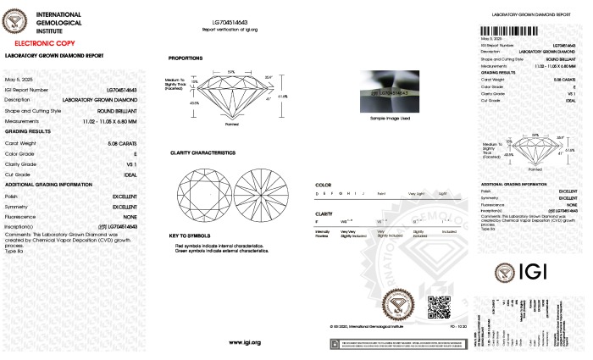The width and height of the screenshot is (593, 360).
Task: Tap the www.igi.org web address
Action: [245, 342]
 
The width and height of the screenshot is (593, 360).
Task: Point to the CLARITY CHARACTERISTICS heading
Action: [202, 152]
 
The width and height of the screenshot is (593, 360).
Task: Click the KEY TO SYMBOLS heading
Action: [189, 235]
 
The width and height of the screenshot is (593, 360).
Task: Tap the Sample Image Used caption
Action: [390, 119]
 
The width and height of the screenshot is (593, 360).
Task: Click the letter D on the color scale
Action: [317, 194]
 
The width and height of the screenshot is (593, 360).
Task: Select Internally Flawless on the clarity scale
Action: [322, 232]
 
